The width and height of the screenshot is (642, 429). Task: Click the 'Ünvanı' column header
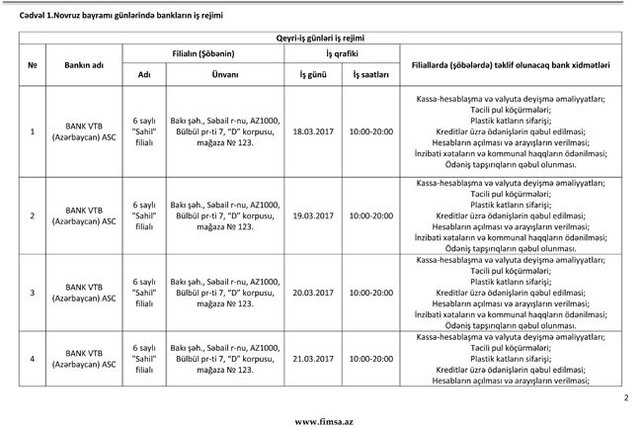point(225,74)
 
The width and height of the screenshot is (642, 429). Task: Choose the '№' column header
point(34,63)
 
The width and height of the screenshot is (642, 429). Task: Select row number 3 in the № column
point(34,294)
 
